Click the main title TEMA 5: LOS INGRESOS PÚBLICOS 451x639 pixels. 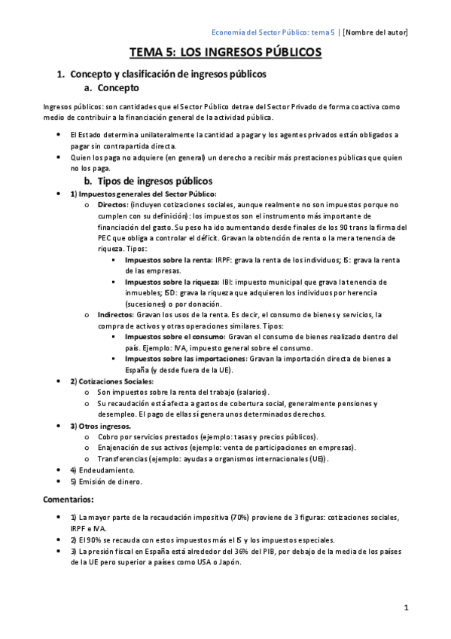point(226,52)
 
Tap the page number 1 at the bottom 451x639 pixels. point(405,607)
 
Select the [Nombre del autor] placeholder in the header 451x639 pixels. point(375,32)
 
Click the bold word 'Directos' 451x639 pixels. point(112,204)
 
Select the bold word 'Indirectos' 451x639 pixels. point(115,314)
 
